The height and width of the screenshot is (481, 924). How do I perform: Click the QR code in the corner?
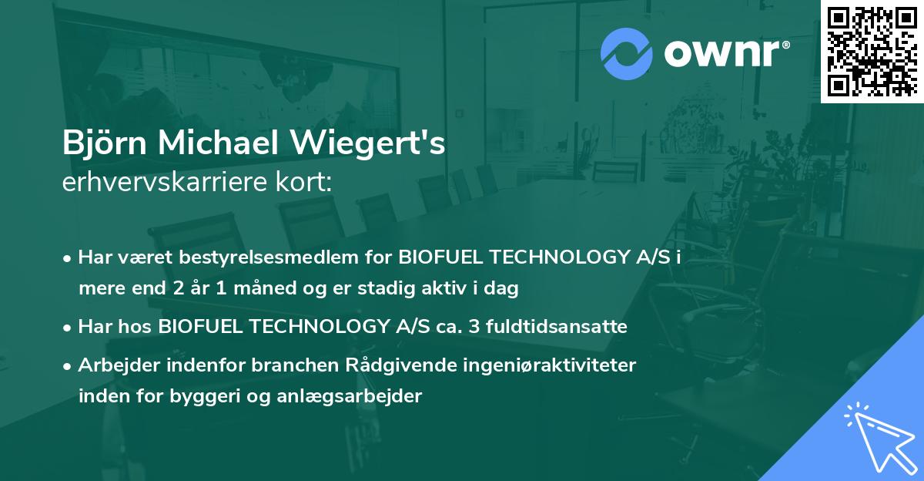tap(872, 52)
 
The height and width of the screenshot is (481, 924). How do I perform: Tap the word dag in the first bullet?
tap(504, 289)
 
